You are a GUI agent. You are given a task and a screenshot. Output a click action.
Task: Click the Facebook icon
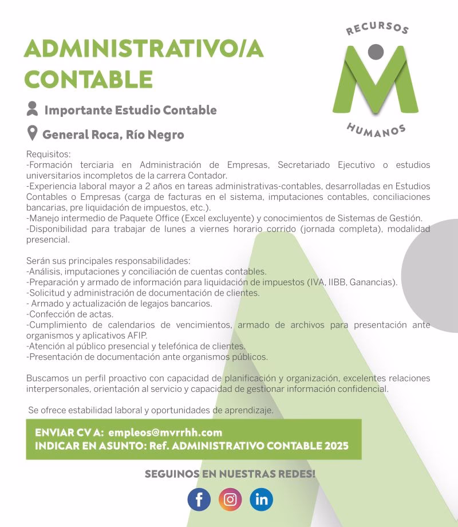point(199,500)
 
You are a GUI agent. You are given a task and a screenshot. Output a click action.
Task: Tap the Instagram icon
point(230,500)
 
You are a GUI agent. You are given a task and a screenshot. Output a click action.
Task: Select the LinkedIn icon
point(261,500)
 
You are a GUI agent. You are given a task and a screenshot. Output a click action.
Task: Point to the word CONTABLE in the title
point(88,78)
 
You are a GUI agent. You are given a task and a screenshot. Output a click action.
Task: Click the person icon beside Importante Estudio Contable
point(33,109)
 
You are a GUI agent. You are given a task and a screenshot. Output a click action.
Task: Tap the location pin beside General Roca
point(33,134)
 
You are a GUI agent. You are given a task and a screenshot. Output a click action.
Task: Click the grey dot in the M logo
point(376,52)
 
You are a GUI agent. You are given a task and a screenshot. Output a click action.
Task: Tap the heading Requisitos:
point(49,154)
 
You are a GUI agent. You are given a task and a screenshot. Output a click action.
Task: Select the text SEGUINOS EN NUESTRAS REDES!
point(230,474)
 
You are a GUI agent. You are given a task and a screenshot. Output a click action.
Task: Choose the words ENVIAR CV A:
point(69,432)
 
